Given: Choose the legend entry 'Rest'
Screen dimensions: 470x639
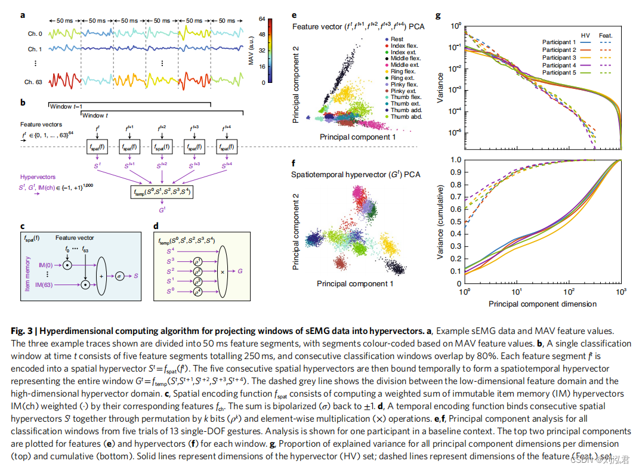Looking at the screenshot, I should (x=397, y=39).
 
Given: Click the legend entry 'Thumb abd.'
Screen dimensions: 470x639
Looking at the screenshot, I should (x=408, y=117).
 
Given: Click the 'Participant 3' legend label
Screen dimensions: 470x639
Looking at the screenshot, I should (x=559, y=57).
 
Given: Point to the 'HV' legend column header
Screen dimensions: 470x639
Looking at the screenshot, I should (x=585, y=36).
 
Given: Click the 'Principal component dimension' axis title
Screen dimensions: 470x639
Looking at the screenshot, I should (x=542, y=304).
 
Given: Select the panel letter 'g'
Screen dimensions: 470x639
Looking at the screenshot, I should (x=439, y=16).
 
